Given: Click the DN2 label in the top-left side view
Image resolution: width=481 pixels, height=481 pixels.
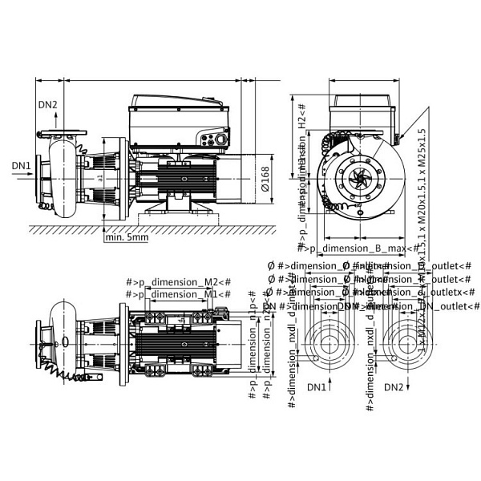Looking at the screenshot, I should pos(48,105).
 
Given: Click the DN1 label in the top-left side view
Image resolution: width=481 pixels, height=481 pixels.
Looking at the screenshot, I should pos(22,166).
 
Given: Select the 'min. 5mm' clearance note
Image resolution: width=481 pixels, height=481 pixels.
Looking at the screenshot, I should pos(127,236).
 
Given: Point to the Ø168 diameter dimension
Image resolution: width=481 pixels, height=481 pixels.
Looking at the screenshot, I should pos(265,174).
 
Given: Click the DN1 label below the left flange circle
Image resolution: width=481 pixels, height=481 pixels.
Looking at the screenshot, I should pos(318,387).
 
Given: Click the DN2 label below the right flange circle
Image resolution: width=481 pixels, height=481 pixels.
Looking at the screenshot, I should pos(394,387).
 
